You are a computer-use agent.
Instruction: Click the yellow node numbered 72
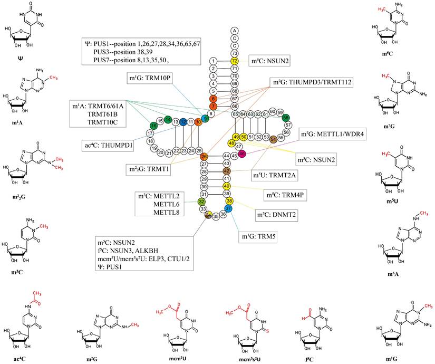[235, 61]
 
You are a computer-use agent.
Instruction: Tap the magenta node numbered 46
[242, 153]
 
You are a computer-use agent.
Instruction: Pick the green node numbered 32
[201, 202]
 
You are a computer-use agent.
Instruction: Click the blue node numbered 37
[229, 209]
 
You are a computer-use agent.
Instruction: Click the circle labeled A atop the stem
[235, 31]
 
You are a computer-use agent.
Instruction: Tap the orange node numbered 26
[204, 157]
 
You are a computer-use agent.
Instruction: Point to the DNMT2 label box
[274, 215]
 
